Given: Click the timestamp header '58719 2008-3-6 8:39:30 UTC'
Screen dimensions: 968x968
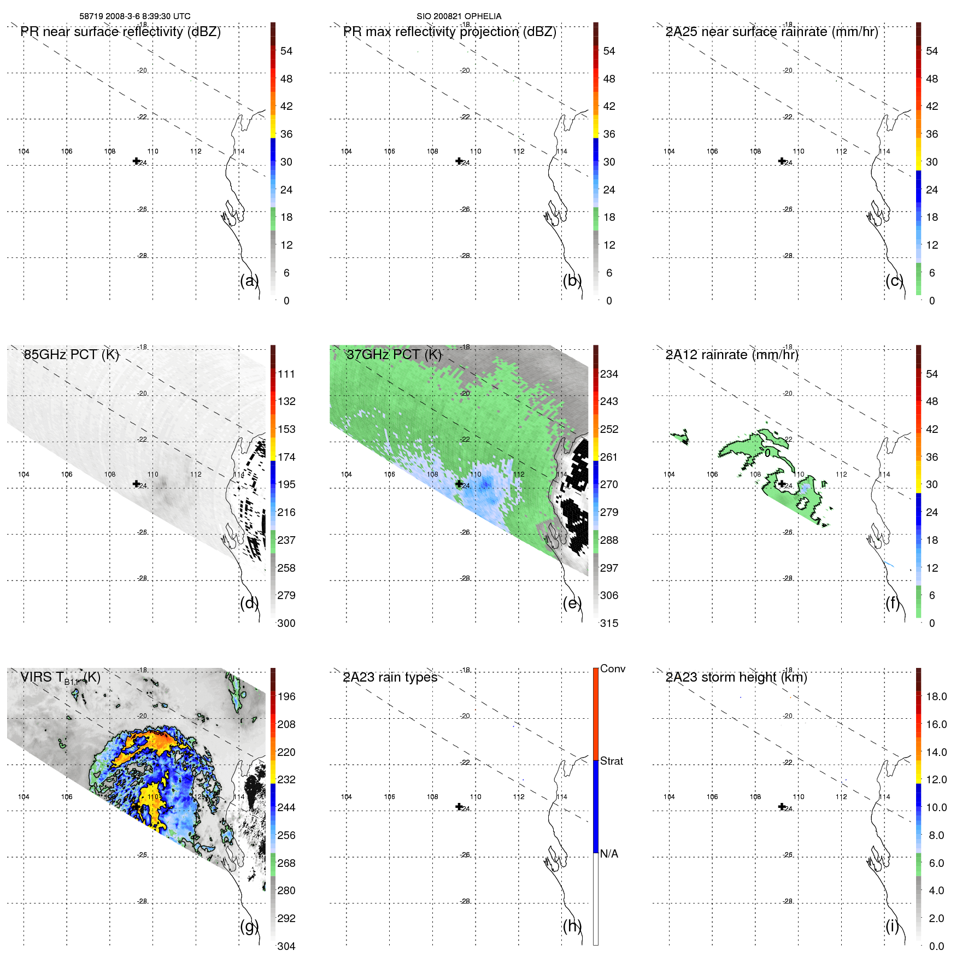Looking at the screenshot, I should (x=135, y=16).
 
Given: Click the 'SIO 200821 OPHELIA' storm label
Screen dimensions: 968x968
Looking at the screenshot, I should (x=459, y=16).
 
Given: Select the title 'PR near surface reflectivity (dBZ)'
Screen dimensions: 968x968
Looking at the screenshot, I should (x=120, y=32).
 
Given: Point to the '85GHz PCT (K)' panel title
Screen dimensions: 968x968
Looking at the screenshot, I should (x=71, y=355).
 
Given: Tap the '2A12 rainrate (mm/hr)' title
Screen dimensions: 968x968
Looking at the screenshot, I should (x=732, y=355).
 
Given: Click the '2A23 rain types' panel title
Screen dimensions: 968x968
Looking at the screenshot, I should (x=390, y=677).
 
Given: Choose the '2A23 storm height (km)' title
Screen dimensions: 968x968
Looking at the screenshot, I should (x=736, y=677).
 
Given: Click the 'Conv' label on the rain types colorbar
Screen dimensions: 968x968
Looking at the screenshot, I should (x=612, y=669).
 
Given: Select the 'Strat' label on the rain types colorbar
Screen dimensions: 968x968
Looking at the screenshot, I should (x=611, y=761).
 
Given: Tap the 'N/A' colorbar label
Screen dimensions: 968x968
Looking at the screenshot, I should (x=609, y=854).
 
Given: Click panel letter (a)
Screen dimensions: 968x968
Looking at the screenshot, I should (x=249, y=281).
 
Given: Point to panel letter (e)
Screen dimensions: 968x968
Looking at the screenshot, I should (x=572, y=603).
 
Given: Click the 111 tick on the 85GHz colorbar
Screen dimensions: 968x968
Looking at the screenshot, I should (x=286, y=374).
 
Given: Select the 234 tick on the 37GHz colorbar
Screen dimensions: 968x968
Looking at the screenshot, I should (x=609, y=374).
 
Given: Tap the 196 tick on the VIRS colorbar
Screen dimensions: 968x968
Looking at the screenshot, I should (x=286, y=696).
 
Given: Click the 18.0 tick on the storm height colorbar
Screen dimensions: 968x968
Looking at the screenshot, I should (x=936, y=696).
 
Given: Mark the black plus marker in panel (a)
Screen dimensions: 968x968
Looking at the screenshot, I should (x=136, y=161).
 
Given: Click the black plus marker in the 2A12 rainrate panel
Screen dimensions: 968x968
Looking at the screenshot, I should (x=782, y=483).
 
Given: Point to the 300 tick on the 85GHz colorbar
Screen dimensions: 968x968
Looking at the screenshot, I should (x=286, y=623).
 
